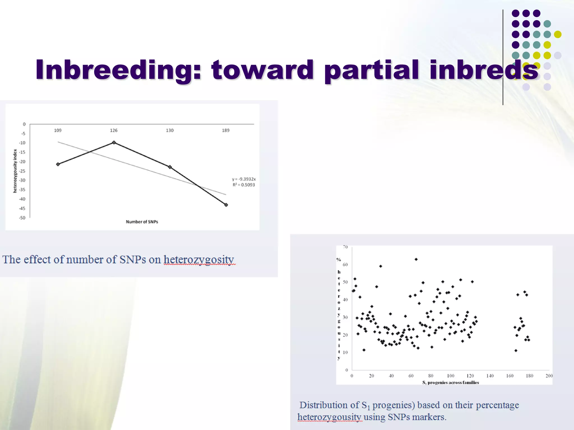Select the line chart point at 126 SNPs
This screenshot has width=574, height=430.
114,142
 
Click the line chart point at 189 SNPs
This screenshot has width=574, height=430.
226,205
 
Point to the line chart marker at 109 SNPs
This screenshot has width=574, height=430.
58,164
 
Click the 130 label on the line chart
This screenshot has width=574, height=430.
170,130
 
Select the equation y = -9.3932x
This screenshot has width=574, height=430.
244,179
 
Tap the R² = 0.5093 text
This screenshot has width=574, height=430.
244,185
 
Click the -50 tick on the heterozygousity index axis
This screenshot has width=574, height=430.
22,218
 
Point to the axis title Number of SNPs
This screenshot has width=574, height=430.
142,222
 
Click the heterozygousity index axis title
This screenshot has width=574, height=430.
15,171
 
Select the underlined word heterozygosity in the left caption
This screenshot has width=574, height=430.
199,260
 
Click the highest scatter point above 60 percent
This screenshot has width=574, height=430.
416,259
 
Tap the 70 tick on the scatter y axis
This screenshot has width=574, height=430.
345,247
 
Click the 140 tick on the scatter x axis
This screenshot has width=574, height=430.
490,376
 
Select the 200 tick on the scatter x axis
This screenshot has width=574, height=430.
549,376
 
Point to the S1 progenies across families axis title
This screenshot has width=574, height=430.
450,382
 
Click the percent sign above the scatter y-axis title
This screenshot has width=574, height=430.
339,260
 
